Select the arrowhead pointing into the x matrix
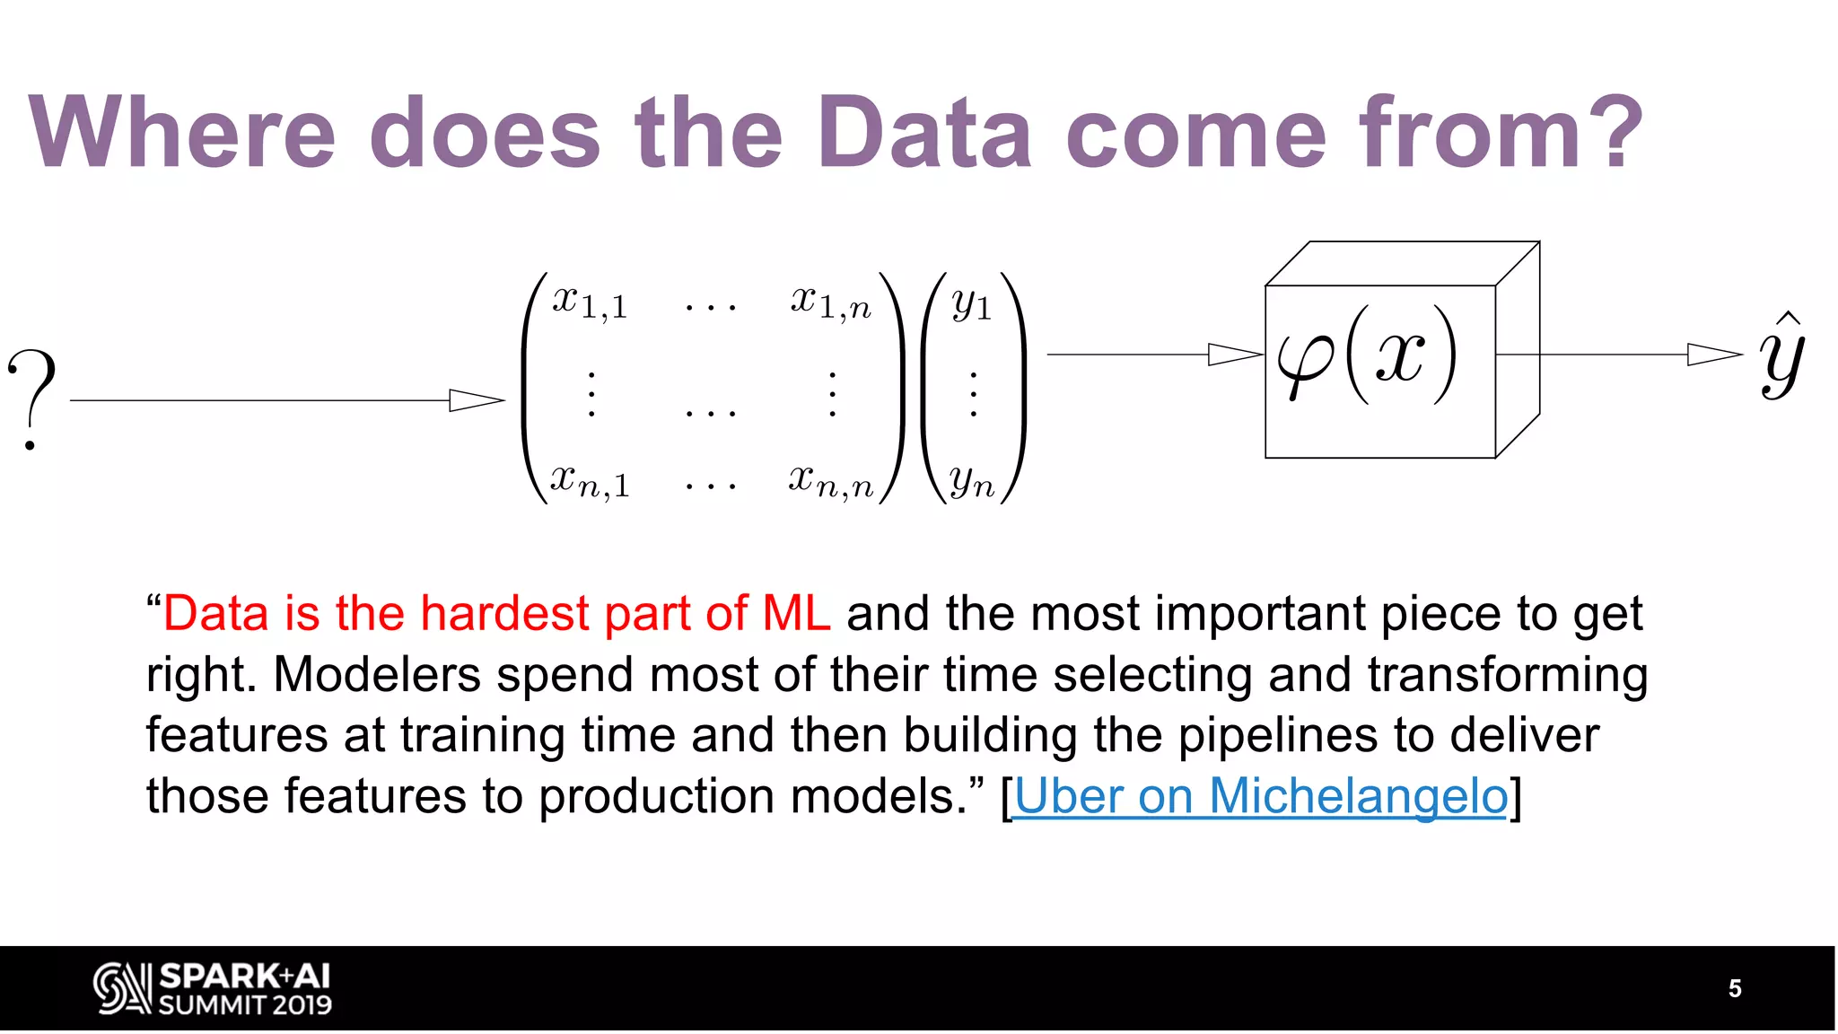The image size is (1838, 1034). (477, 400)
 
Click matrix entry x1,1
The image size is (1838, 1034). (590, 302)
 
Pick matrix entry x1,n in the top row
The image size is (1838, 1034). (830, 302)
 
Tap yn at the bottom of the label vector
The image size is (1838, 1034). (972, 482)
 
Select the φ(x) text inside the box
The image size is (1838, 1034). (1367, 355)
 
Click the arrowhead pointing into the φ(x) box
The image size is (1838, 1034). (1235, 355)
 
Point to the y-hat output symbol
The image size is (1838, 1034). (1781, 355)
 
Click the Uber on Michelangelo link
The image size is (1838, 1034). (1261, 796)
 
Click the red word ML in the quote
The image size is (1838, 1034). (795, 614)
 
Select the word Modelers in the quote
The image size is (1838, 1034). (376, 674)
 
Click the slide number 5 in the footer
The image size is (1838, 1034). (1735, 988)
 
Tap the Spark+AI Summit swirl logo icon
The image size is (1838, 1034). (121, 988)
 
